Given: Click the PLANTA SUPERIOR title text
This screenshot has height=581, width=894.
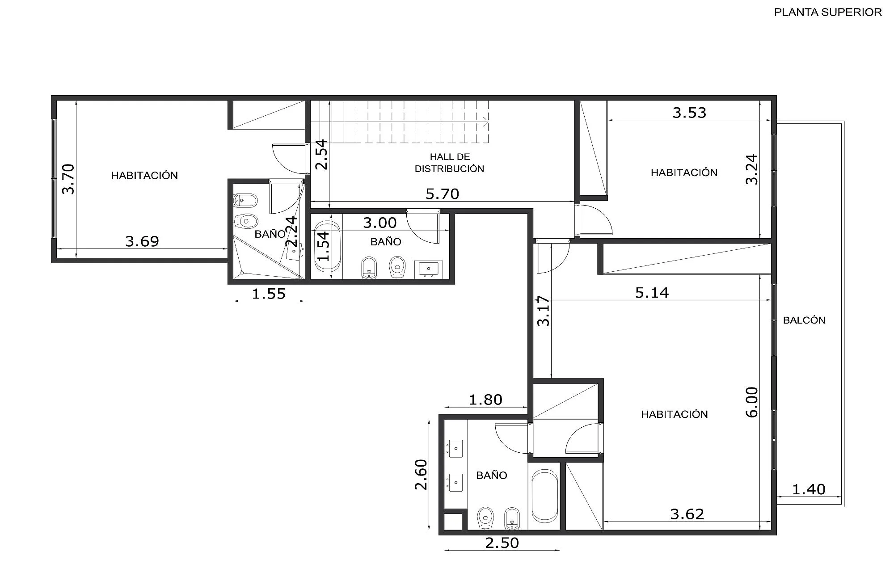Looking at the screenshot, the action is pos(828,13).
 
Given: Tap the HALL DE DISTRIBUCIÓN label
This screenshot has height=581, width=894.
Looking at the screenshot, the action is pos(450,163).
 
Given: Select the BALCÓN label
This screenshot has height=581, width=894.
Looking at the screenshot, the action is pos(804,320).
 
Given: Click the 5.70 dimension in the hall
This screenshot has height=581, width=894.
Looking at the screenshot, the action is pos(442,194).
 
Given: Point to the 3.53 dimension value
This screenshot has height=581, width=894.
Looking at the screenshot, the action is pos(689,113).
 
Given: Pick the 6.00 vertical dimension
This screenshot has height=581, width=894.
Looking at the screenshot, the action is pos(752,402).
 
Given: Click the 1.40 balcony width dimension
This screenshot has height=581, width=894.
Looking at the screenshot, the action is pos(809,489).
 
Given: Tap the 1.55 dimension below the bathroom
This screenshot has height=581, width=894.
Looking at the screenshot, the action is pos(269,294).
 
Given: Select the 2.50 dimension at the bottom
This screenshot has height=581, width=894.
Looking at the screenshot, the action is pos(502,543).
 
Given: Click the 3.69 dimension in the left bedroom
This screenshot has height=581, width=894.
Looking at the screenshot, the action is pos(142,241).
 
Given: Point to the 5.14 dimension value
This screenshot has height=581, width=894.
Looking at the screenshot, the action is pos(652,293).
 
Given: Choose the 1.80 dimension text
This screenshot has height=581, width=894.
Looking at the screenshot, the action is pos(485,400).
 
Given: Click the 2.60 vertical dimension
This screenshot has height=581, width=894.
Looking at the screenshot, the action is pos(422,475).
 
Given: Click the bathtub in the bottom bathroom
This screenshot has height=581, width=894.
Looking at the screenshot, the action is pos(545,496).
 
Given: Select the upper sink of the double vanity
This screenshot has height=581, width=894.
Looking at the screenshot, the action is pos(455,448).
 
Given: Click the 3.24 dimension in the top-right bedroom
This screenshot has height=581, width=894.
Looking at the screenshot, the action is pos(752,169).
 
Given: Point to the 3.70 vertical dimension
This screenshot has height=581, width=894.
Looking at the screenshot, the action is pos(68,179).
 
